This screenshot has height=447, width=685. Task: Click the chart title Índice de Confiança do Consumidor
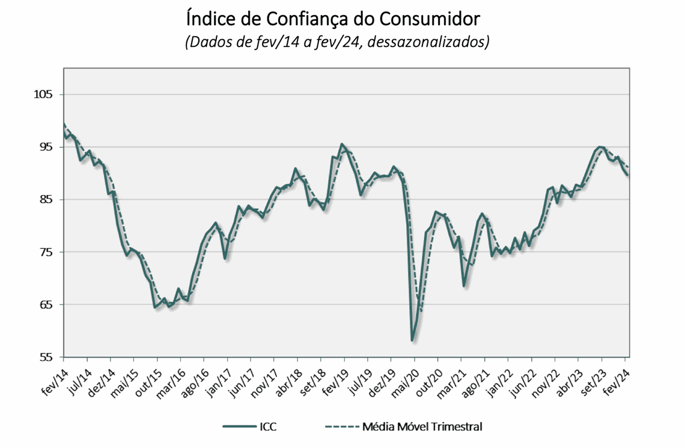333,19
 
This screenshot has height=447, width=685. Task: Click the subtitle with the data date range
337,43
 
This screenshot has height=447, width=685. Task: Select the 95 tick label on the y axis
46,147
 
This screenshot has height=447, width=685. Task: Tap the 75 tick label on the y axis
46,252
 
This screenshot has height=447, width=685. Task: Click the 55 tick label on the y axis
46,357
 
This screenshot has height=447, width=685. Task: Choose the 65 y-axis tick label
46,304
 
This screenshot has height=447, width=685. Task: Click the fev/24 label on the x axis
619,379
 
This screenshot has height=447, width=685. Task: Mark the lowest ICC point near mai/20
412,341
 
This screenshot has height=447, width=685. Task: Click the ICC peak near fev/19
342,144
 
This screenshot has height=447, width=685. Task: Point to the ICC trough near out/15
155,307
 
